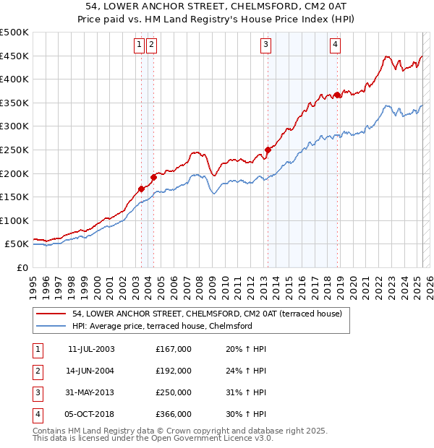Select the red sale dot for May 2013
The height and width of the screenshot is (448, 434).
coord(268,150)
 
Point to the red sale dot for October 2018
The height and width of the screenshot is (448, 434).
coord(338,95)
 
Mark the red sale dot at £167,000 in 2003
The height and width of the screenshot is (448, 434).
coord(142,189)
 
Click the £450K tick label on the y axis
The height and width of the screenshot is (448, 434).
coord(14,56)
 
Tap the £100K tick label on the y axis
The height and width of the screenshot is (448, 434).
coord(14,220)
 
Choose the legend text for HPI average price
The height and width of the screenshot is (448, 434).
coord(162,326)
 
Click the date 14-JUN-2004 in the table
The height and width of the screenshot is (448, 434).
coord(90,371)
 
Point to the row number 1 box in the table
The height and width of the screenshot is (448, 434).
coord(37,349)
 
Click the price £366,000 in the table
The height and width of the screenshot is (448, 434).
coord(174,414)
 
